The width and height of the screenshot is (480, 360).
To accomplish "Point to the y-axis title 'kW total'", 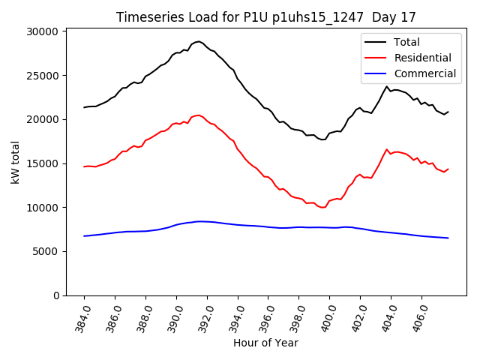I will click(16, 162).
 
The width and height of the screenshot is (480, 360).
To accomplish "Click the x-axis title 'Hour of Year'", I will click(265, 343).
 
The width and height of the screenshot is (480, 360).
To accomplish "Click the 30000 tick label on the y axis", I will click(43, 31).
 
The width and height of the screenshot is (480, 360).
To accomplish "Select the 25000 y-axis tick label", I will click(43, 76).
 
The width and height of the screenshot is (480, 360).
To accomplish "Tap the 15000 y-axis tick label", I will click(43, 163).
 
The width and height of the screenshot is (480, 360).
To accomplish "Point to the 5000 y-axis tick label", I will click(46, 251).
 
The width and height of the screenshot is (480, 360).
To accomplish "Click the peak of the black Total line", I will click(198, 41).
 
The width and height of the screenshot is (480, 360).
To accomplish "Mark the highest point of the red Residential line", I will click(198, 115).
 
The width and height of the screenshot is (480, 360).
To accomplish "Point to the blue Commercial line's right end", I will click(448, 238).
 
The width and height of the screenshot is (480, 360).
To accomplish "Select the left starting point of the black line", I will click(84, 107).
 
